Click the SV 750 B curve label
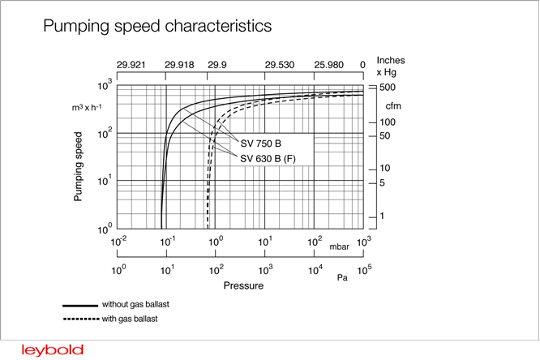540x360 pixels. pos(261,144)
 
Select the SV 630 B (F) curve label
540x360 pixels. pos(268,157)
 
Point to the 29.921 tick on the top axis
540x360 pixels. pos(131,64)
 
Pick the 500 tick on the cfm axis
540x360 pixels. pos(388,87)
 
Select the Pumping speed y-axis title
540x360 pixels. pos(79,166)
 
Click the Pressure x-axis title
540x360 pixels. pos(242,285)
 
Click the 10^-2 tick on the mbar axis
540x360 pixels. pos(118,242)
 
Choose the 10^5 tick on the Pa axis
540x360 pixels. pos(364,269)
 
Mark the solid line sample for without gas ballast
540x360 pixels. pos(80,305)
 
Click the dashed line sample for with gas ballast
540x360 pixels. pos(80,318)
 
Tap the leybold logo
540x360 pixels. pos(53,349)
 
